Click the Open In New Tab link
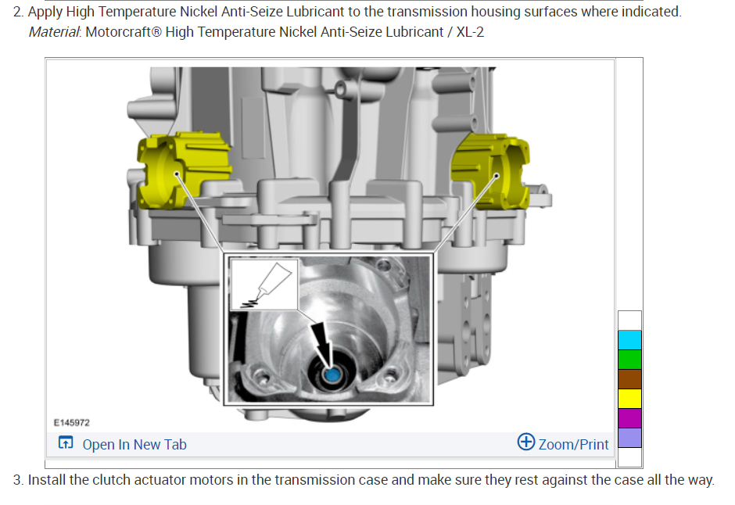tap(134, 444)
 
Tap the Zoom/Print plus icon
tap(526, 442)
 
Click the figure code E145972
tap(72, 423)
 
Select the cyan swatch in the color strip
tap(629, 340)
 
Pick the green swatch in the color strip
tap(629, 360)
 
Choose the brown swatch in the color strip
tap(629, 379)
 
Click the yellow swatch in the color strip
tap(629, 399)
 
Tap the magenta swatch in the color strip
tap(629, 418)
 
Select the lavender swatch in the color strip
tap(629, 438)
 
